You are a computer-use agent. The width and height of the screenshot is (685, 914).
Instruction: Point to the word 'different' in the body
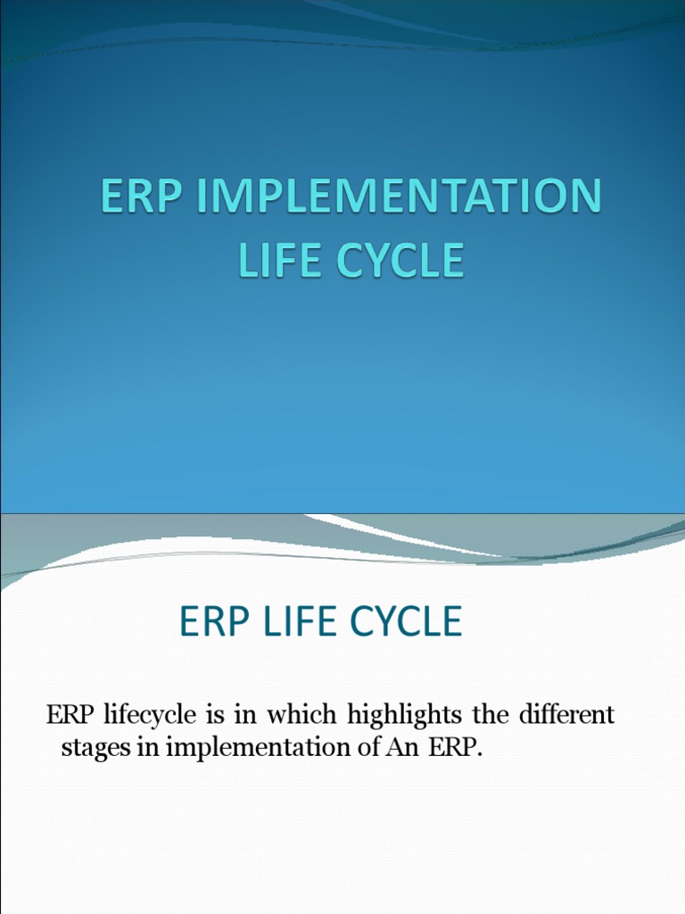click(567, 716)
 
